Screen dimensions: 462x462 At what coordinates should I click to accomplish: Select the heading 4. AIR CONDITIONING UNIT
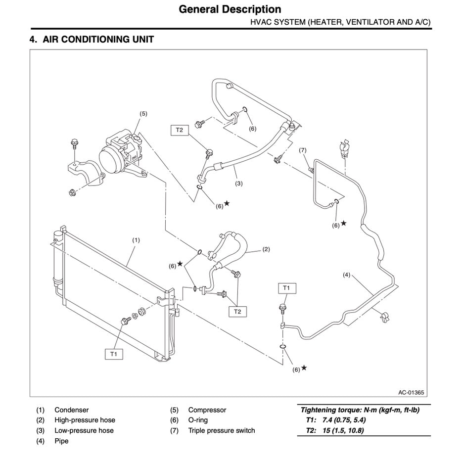point(92,40)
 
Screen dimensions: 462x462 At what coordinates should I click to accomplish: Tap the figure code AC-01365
point(411,393)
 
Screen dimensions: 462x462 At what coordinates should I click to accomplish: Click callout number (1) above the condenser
point(136,240)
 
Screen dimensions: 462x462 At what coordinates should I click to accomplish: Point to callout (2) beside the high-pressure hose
point(266,249)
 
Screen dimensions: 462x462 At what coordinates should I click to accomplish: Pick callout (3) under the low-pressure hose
point(239,184)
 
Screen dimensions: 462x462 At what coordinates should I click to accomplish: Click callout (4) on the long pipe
point(346,275)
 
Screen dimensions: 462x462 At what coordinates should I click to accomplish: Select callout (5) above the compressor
point(143,113)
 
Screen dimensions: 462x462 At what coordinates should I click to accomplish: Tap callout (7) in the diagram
point(303,150)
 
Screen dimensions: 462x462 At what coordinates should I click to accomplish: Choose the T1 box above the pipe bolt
point(286,287)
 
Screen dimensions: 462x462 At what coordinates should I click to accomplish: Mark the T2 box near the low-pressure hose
point(179,130)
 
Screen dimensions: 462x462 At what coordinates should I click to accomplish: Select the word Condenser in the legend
point(72,410)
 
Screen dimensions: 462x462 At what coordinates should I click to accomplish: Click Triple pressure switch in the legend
point(221,430)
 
